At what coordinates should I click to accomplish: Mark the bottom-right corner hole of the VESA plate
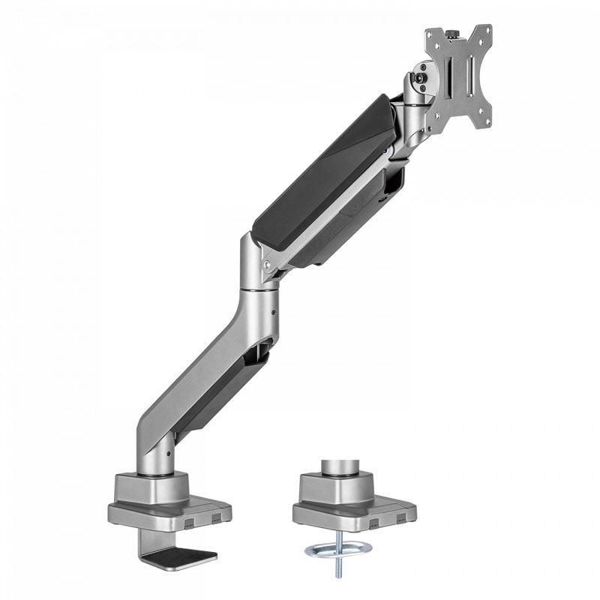pyautogui.click(x=487, y=123)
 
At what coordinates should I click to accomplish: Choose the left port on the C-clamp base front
pyautogui.click(x=189, y=519)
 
